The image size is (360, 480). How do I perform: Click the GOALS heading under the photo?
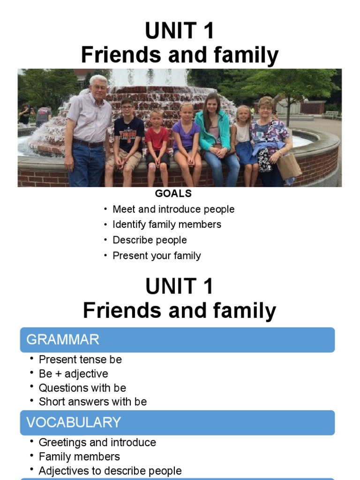(173, 194)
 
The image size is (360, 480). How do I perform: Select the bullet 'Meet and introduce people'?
(173, 209)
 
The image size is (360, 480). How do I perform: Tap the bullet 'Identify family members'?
(166, 225)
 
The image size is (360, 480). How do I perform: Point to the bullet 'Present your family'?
(157, 255)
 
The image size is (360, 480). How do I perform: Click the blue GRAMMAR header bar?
(177, 340)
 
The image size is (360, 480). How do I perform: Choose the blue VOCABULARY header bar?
(177, 422)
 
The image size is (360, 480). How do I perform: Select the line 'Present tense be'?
(80, 360)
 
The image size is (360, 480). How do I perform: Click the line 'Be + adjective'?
(73, 374)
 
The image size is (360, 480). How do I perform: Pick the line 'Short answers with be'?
(92, 402)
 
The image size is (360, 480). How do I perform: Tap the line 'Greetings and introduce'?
(97, 442)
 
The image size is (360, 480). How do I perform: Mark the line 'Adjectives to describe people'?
(110, 471)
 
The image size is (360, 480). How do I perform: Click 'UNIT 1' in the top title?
(180, 32)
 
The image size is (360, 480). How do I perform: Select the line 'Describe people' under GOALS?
(150, 240)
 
